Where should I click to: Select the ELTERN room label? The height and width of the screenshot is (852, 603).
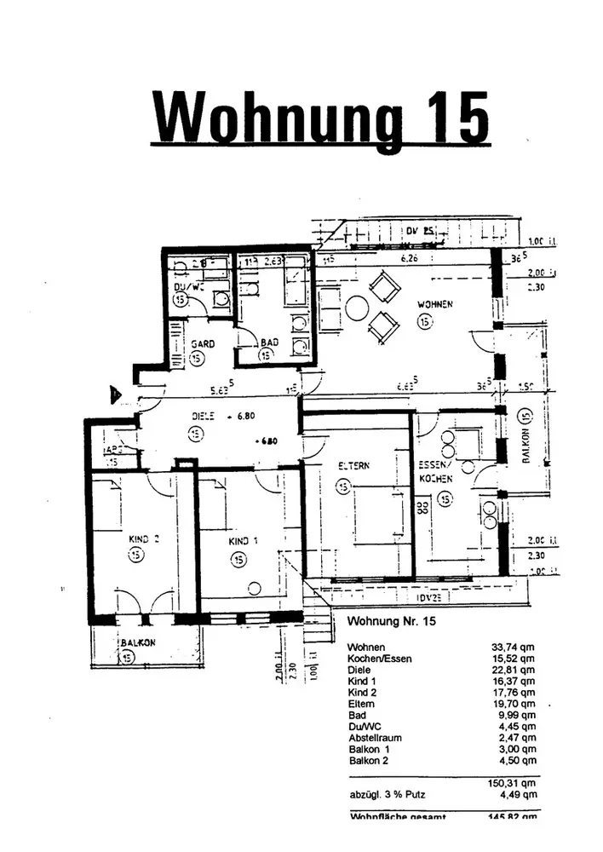tap(353, 466)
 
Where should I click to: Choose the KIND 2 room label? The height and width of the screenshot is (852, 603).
tap(145, 538)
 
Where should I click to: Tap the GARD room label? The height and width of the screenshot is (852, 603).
tap(201, 343)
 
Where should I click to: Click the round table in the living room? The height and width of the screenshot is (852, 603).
tap(356, 307)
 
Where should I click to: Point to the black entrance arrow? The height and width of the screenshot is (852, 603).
tap(114, 394)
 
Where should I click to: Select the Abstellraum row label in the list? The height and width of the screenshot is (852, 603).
tap(376, 738)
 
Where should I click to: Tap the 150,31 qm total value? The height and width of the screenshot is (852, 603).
tap(514, 784)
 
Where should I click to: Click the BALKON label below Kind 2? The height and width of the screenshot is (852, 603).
tap(136, 643)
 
